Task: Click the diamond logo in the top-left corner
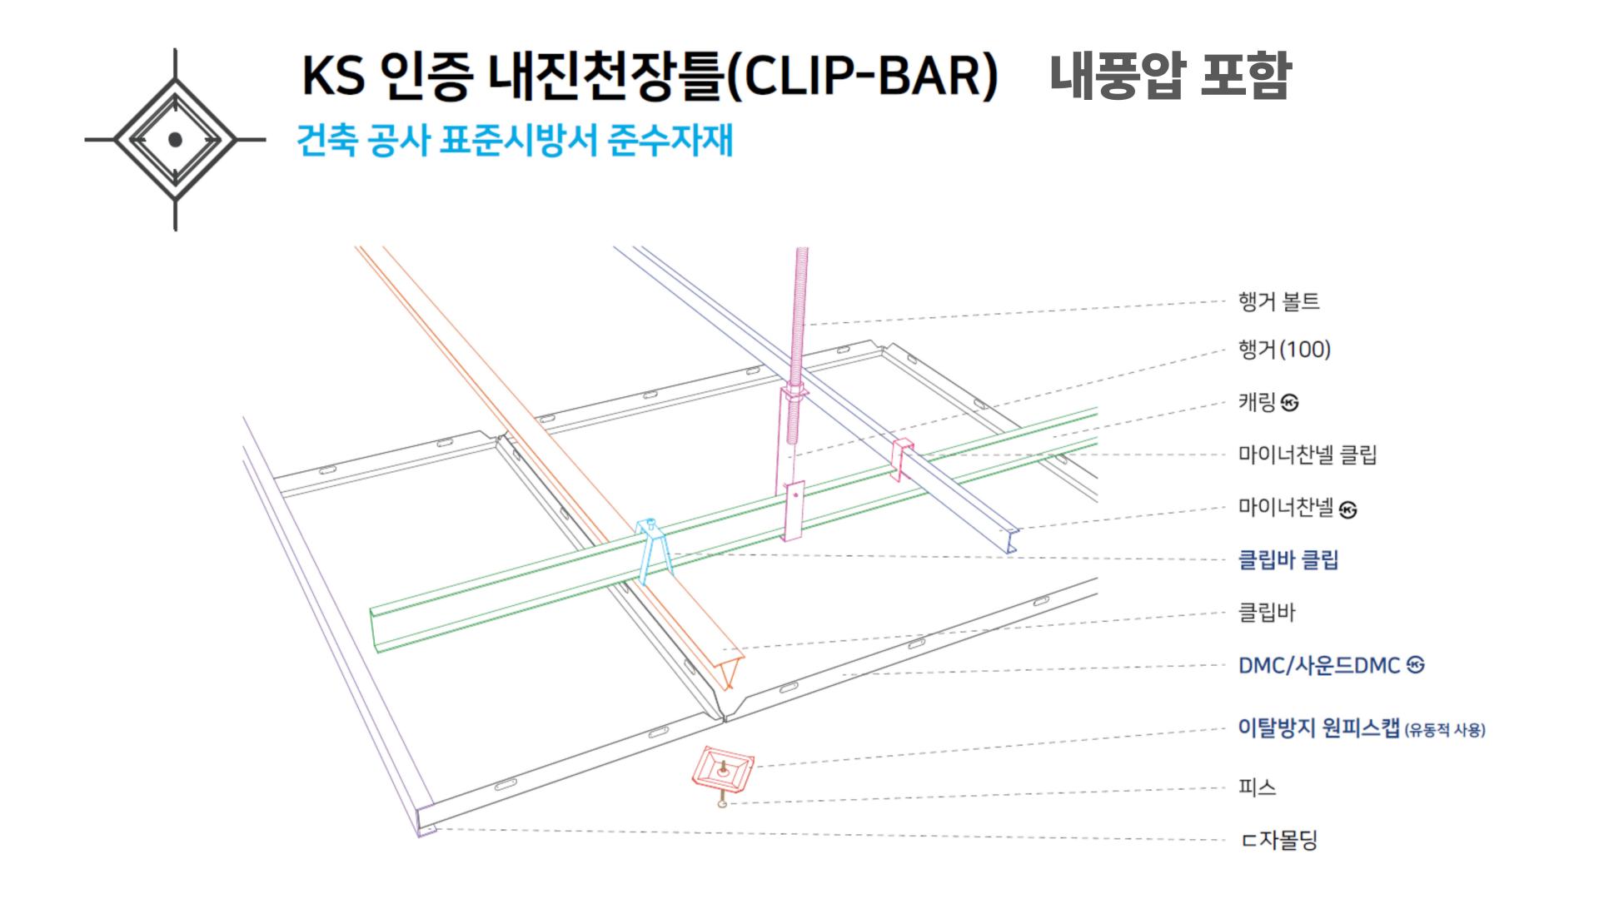point(175,140)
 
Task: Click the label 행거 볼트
point(1278,301)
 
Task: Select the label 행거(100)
point(1284,350)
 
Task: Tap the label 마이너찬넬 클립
point(1307,454)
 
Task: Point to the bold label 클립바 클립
point(1288,559)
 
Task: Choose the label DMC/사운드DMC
point(1319,666)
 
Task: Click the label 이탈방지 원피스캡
point(1318,728)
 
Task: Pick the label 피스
point(1257,787)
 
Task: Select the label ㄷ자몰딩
point(1279,840)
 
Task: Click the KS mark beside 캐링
point(1290,404)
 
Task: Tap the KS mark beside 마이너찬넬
point(1347,509)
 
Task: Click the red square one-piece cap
point(722,767)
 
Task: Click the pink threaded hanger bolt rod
point(801,316)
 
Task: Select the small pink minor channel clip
point(902,459)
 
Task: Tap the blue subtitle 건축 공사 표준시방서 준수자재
point(515,140)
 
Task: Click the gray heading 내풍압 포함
point(1169,76)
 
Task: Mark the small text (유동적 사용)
point(1445,731)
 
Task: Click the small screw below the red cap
point(722,802)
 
